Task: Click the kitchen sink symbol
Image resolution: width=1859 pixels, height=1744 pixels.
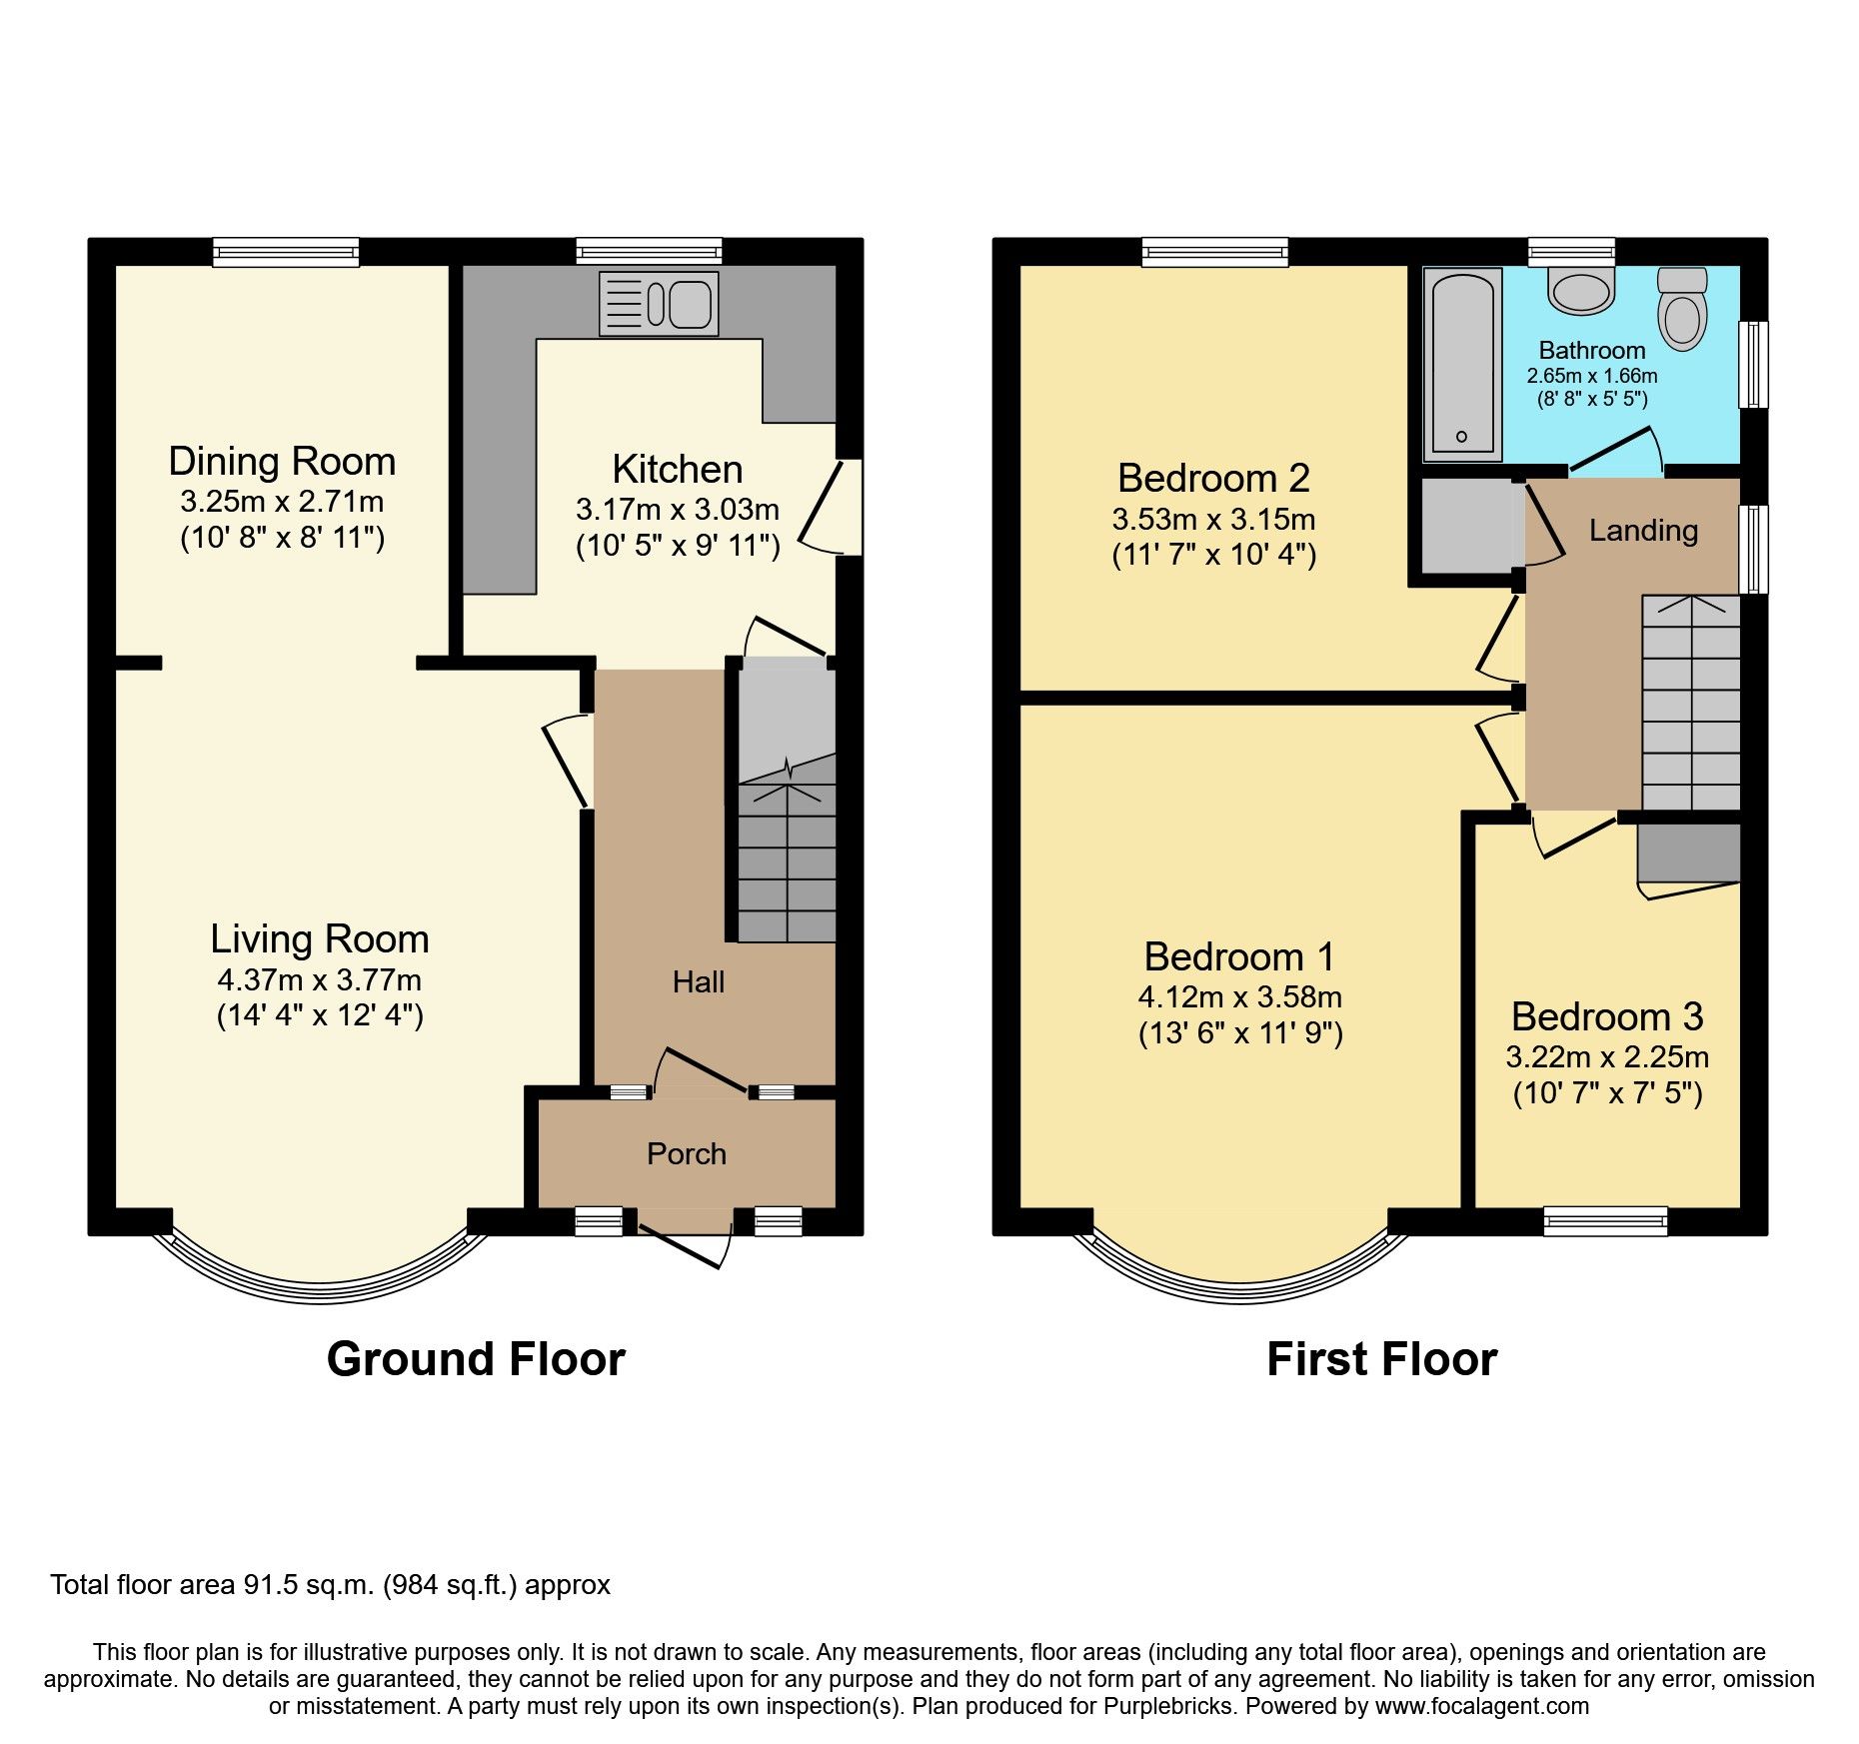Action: coord(659,303)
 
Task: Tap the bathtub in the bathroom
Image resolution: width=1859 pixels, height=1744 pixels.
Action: coord(1462,365)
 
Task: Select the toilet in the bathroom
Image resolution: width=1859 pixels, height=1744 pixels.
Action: coord(1682,310)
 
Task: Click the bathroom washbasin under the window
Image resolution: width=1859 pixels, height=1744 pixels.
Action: coord(1580,291)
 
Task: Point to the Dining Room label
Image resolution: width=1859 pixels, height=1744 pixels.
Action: coord(282,461)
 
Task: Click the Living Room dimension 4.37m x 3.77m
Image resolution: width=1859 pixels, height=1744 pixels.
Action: coord(319,979)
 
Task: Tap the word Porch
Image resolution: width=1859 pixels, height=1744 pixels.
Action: coord(686,1153)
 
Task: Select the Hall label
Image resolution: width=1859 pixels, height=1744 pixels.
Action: coord(698,981)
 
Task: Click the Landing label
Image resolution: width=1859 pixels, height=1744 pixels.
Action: coord(1643,530)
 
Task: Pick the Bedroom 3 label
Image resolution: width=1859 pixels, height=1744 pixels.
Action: coord(1606,1016)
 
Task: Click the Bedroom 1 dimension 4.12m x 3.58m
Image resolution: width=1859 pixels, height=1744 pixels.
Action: coord(1239,996)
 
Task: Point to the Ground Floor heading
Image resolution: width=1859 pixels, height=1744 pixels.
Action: coord(476,1359)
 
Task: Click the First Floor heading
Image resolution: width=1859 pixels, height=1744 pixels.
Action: coord(1381,1359)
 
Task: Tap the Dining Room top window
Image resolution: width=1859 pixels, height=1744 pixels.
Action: coord(285,251)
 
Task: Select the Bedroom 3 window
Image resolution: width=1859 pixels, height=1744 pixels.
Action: coord(1605,1220)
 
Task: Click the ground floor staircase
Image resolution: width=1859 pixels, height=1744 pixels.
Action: coord(787,860)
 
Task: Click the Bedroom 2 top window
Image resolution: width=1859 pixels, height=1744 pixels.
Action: coord(1214,251)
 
